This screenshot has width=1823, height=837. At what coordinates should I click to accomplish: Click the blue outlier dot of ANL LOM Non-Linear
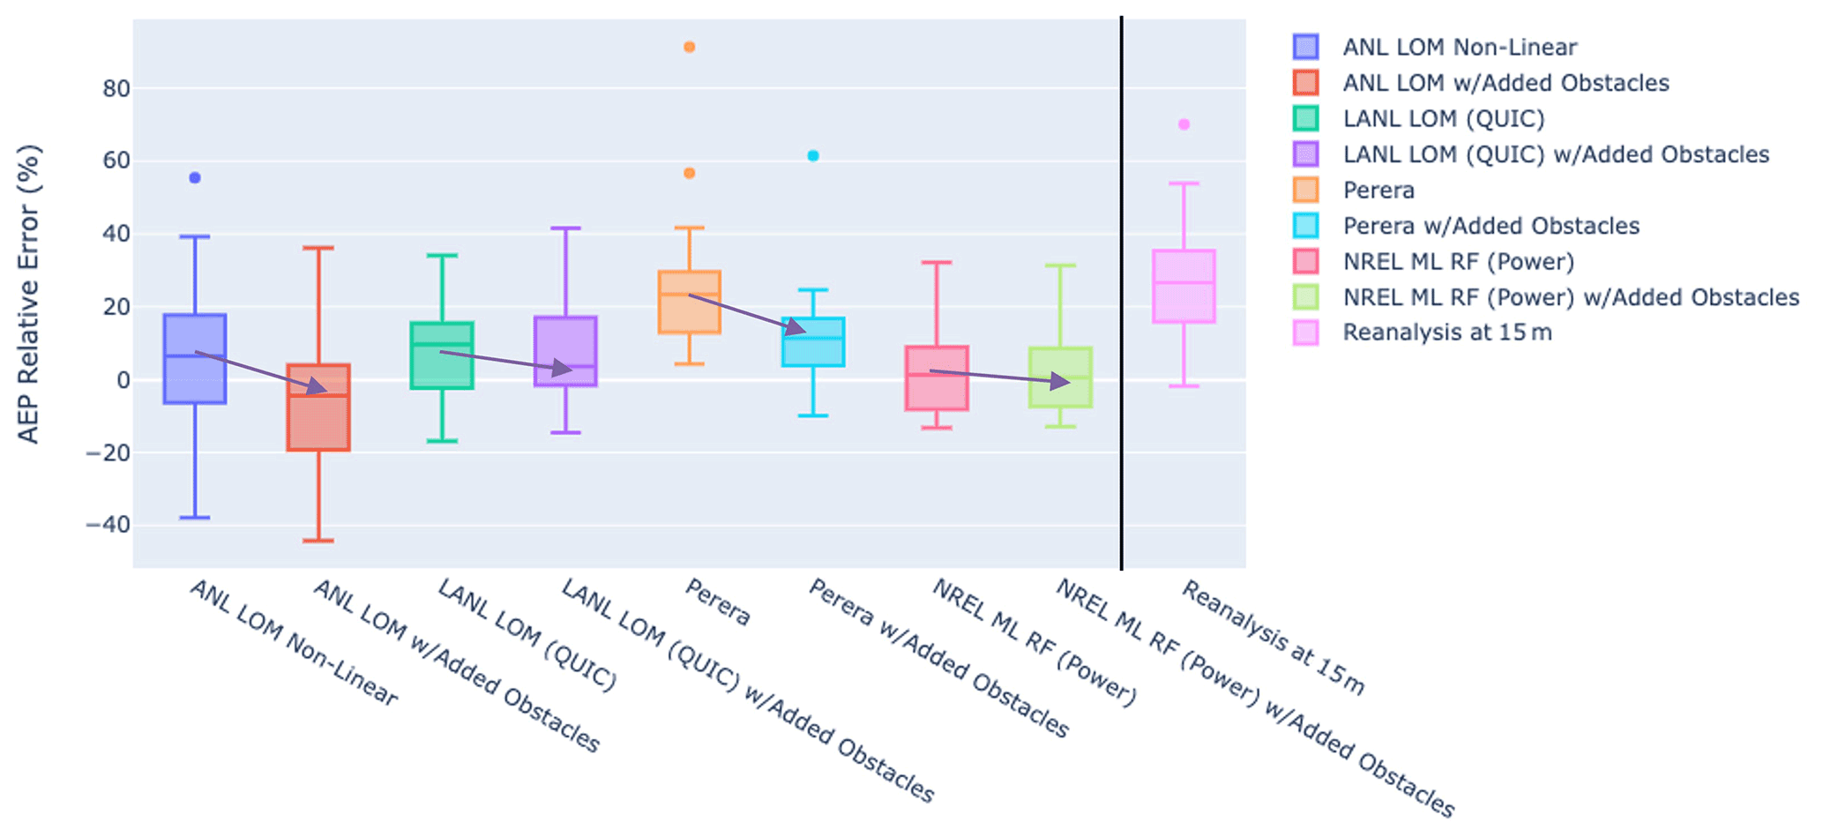click(x=195, y=178)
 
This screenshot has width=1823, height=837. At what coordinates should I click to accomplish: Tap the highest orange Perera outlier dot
click(x=690, y=47)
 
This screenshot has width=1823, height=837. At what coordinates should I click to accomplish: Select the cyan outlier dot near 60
click(x=813, y=156)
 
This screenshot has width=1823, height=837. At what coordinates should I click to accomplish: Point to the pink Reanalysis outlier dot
click(x=1184, y=124)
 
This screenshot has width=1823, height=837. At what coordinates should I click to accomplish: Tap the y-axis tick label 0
click(x=123, y=380)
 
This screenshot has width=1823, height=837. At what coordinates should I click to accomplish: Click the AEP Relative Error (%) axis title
click(x=29, y=294)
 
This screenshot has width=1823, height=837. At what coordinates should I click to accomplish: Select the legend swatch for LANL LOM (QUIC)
click(x=1305, y=118)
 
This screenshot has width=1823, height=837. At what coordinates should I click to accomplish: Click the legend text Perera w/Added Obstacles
click(x=1491, y=226)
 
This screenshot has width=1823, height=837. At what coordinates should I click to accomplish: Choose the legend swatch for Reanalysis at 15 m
click(x=1305, y=333)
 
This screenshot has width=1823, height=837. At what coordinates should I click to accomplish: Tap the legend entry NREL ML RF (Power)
click(x=1458, y=261)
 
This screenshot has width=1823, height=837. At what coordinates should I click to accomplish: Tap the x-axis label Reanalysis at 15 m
click(x=1273, y=637)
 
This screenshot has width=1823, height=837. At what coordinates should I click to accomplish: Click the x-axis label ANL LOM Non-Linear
click(x=294, y=643)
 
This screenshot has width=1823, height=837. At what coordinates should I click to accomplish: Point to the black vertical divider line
click(x=1122, y=291)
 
